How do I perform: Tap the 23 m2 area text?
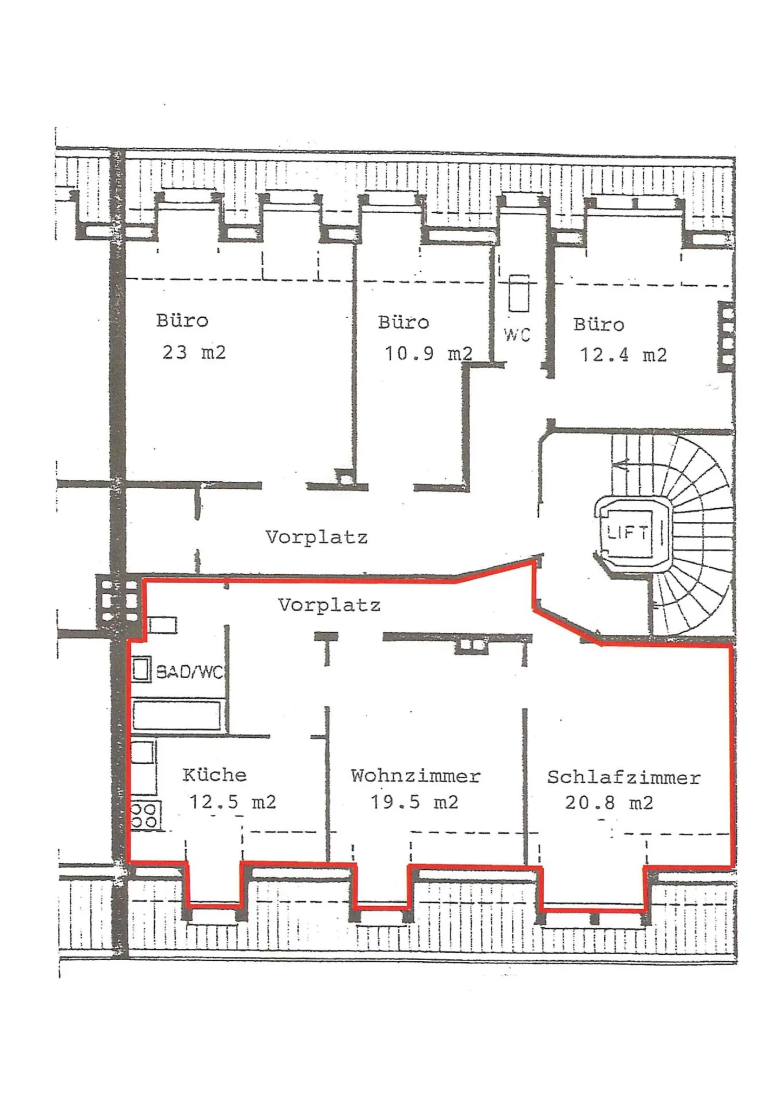(x=194, y=352)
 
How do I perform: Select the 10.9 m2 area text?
(x=428, y=353)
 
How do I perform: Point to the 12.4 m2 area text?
(x=623, y=355)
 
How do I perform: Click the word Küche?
(x=214, y=775)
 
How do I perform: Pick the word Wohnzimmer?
(x=415, y=776)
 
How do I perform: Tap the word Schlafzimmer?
(x=623, y=777)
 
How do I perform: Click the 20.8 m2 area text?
(x=609, y=803)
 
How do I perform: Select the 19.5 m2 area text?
(x=414, y=802)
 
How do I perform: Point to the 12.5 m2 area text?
(x=232, y=802)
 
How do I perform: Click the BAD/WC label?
(x=189, y=672)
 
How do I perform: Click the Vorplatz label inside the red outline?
(x=329, y=605)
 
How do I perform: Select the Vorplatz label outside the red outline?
(x=316, y=537)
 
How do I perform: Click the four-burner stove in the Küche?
(x=144, y=816)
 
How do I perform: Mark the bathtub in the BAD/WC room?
(x=176, y=716)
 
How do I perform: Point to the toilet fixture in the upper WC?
(x=519, y=293)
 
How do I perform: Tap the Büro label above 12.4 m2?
(x=598, y=324)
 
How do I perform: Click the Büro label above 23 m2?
(x=182, y=320)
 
